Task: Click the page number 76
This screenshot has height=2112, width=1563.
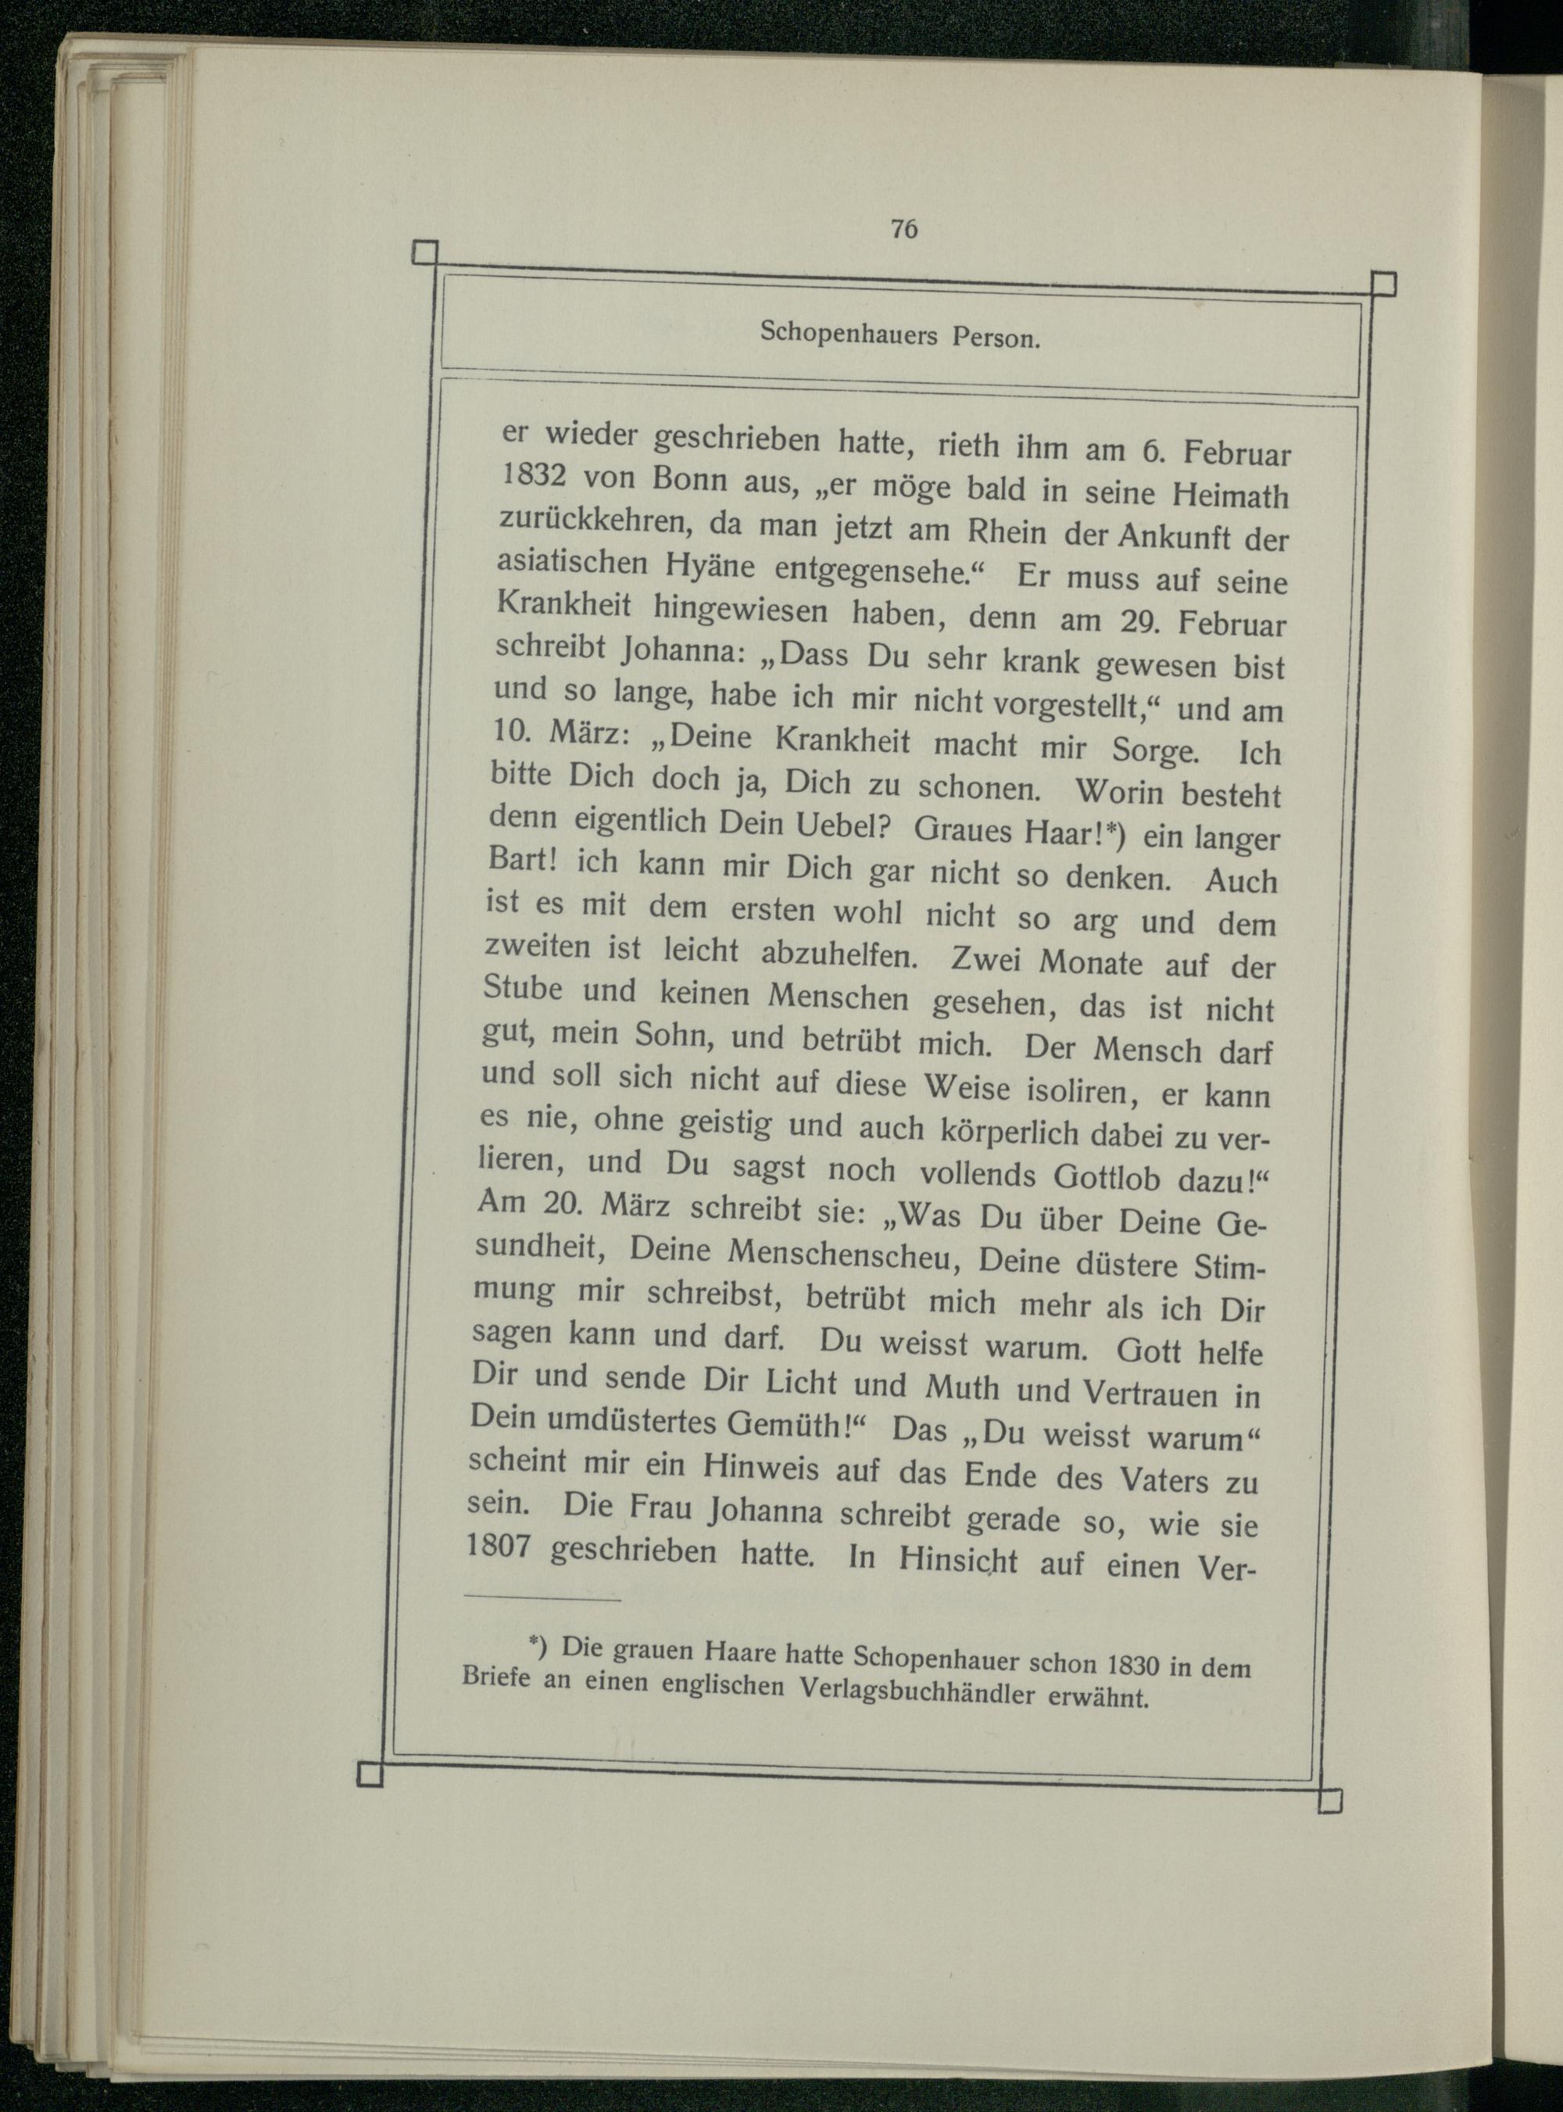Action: click(903, 230)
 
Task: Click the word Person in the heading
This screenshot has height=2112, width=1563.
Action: click(996, 338)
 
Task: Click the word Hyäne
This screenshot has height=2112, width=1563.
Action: click(710, 566)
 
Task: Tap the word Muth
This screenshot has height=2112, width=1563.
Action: click(961, 1388)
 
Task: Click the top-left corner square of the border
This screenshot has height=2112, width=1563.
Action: click(426, 252)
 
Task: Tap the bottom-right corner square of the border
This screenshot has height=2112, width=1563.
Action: click(1329, 1802)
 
